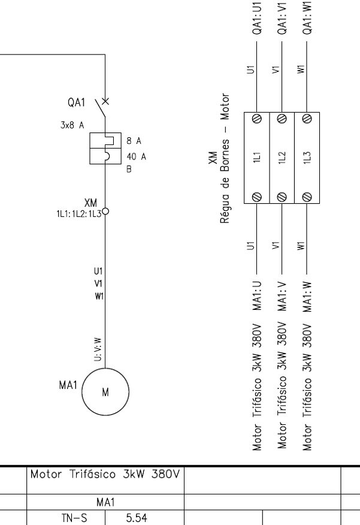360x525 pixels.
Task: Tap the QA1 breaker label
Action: click(x=76, y=102)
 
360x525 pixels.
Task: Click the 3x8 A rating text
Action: click(x=72, y=125)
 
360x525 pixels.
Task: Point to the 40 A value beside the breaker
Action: click(x=136, y=156)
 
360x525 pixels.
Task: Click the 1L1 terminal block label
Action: click(x=256, y=157)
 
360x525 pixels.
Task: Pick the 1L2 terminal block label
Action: click(x=282, y=157)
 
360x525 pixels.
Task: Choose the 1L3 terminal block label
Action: click(x=307, y=157)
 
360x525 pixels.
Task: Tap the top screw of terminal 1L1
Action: click(x=257, y=118)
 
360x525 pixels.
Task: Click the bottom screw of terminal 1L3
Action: click(x=307, y=197)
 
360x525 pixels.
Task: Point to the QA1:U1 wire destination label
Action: click(x=256, y=17)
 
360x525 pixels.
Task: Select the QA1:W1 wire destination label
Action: click(x=307, y=17)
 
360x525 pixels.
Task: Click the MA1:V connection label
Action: click(x=282, y=297)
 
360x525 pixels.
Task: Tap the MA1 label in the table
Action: click(x=106, y=502)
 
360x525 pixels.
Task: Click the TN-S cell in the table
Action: click(x=74, y=518)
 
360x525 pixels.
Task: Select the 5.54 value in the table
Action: click(x=136, y=518)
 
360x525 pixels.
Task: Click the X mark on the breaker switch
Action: click(x=105, y=101)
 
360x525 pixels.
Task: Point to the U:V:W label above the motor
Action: click(x=98, y=349)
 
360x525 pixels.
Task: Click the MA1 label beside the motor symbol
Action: click(x=68, y=385)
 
